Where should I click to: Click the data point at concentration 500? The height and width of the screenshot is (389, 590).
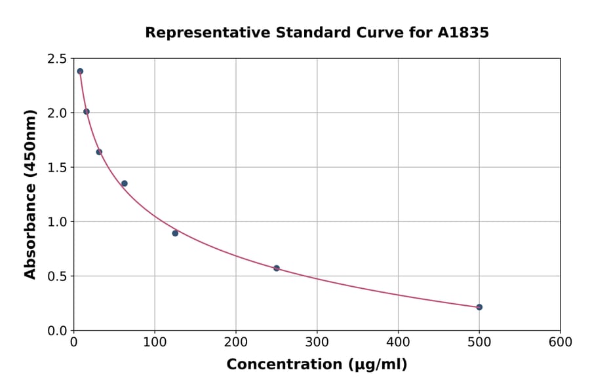[x=479, y=307]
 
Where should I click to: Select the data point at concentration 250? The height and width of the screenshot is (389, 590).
[x=277, y=269]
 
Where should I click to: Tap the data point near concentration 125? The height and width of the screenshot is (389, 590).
[x=175, y=233]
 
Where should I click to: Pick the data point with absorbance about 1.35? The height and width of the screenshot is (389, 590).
[x=125, y=183]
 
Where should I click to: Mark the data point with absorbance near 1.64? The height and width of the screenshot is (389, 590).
[x=99, y=152]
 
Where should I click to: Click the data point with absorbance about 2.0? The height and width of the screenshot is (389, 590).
[x=87, y=111]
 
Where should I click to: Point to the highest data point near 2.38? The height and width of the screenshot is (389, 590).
[x=80, y=71]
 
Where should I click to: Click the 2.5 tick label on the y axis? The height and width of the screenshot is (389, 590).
[x=56, y=59]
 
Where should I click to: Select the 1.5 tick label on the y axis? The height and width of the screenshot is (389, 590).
[x=56, y=168]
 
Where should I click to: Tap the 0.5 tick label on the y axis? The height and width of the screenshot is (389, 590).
[x=56, y=276]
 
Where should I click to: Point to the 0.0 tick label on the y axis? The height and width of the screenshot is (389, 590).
[x=56, y=331]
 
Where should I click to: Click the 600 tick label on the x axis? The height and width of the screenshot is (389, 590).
[x=560, y=343]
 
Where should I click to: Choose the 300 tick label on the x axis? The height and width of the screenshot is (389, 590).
[x=317, y=343]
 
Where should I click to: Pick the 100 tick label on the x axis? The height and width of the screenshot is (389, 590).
[x=155, y=343]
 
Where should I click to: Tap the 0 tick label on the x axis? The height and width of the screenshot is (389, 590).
[x=74, y=343]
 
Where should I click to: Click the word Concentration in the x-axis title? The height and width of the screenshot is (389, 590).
[x=284, y=365]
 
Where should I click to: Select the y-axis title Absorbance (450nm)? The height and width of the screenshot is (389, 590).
[x=30, y=194]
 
